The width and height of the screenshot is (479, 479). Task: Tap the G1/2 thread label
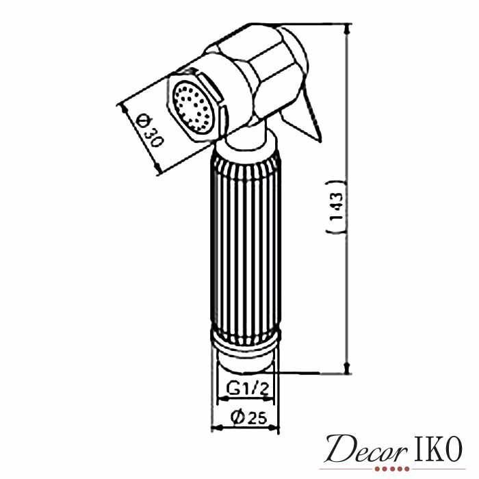(248, 389)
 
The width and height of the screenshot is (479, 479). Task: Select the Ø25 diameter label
(248, 417)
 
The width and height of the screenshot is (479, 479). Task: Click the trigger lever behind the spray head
(302, 115)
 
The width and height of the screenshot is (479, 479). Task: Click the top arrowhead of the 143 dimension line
(346, 29)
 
